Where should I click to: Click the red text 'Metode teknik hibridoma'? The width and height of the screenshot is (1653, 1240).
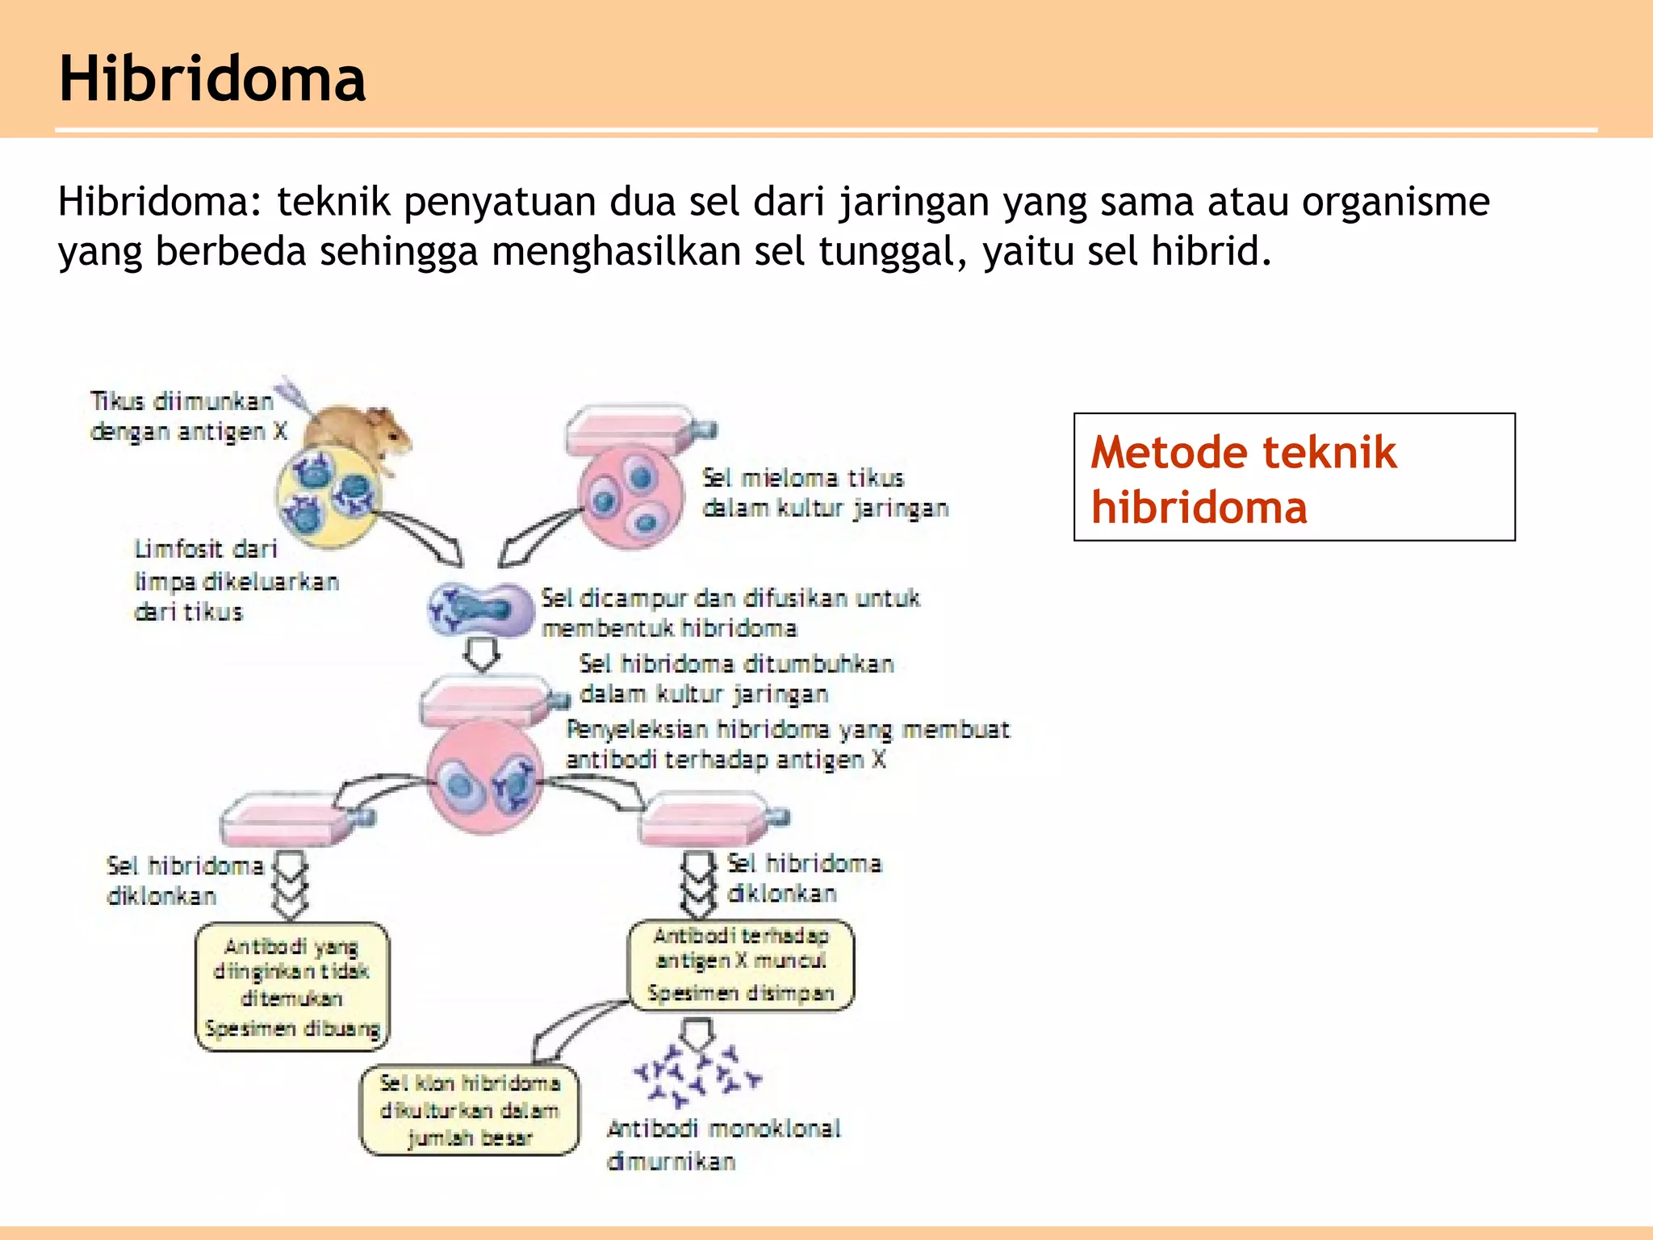1243,479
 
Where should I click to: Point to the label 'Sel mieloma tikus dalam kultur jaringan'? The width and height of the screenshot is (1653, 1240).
823,493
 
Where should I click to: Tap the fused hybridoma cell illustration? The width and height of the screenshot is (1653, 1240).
479,610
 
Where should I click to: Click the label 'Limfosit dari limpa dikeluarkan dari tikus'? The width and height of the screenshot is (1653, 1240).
234,581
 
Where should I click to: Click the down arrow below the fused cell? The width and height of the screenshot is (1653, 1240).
482,654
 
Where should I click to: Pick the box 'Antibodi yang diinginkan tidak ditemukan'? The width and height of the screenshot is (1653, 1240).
292,987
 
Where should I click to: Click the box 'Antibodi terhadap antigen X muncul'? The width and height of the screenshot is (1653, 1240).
740,964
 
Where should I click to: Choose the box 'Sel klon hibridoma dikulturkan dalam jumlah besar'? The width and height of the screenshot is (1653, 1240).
469,1111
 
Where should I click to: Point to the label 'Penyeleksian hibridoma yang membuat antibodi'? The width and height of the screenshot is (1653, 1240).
787,744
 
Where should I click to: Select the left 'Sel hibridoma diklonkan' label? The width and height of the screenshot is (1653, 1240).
184,881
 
